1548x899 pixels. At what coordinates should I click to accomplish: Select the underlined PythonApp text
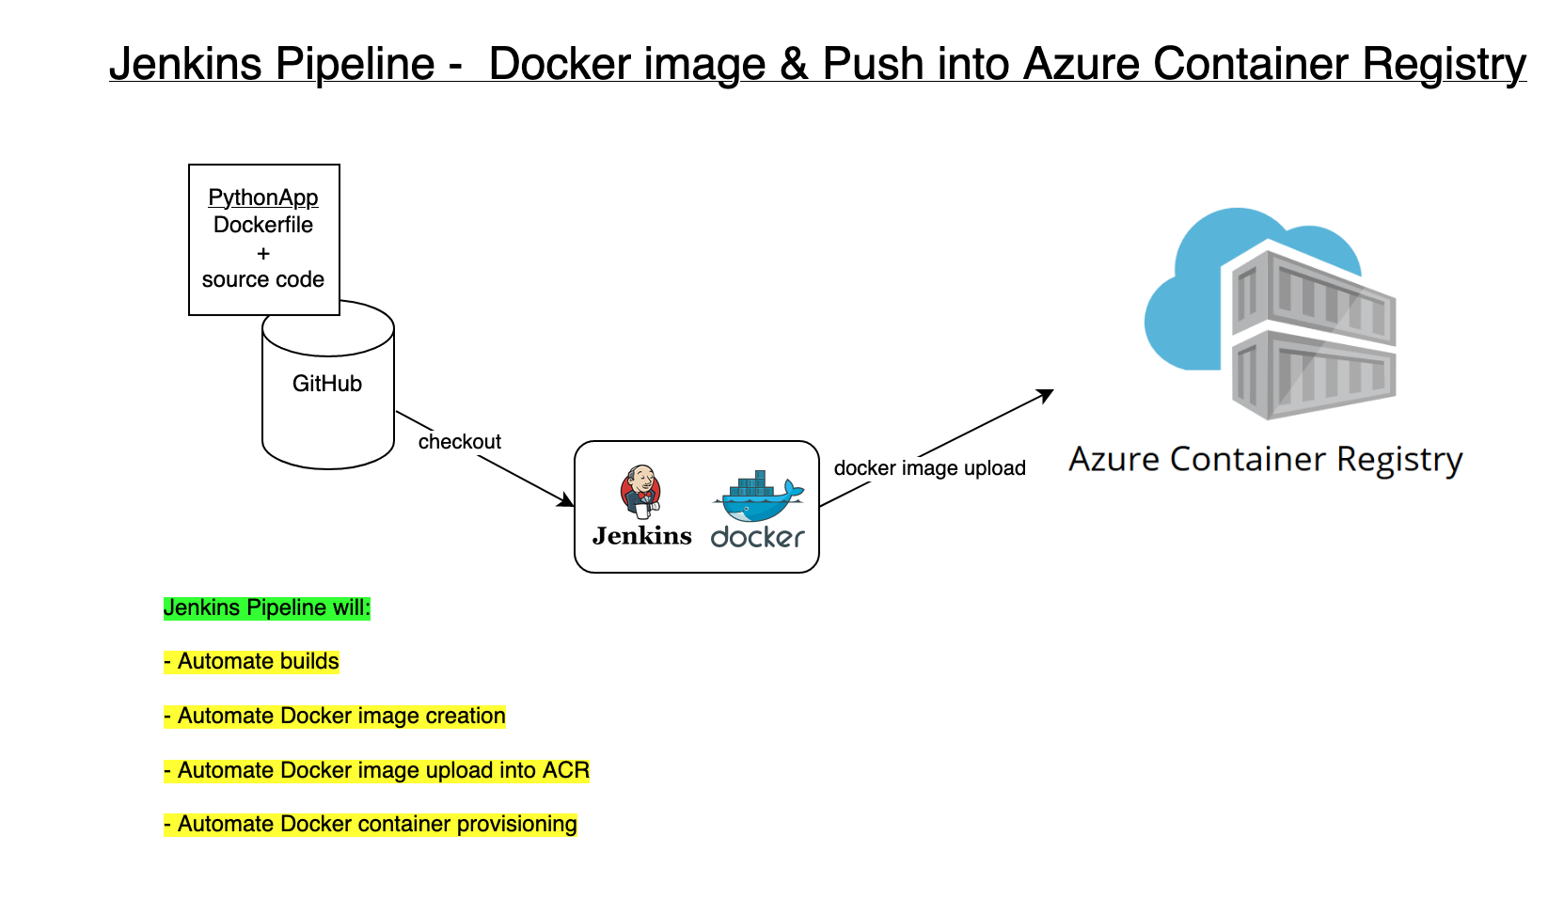click(x=263, y=197)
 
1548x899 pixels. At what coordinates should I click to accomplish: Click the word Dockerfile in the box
click(x=263, y=225)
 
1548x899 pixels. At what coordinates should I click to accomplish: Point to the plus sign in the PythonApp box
click(x=263, y=253)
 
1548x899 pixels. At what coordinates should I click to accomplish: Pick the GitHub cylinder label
click(x=327, y=384)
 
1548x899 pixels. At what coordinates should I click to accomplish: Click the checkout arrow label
click(x=460, y=442)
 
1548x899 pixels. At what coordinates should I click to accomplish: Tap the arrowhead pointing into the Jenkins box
click(x=567, y=501)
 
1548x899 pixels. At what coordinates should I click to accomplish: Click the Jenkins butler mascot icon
click(x=640, y=491)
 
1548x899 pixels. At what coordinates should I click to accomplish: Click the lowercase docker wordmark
click(x=758, y=537)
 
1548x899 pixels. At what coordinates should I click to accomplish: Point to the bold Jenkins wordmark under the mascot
click(x=642, y=536)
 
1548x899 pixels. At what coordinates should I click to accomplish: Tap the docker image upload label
click(x=929, y=468)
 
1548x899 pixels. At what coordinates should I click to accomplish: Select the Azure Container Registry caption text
click(x=1266, y=460)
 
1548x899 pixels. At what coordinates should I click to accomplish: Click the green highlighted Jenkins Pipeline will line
click(x=267, y=607)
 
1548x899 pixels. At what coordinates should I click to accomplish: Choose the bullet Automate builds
click(x=251, y=662)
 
